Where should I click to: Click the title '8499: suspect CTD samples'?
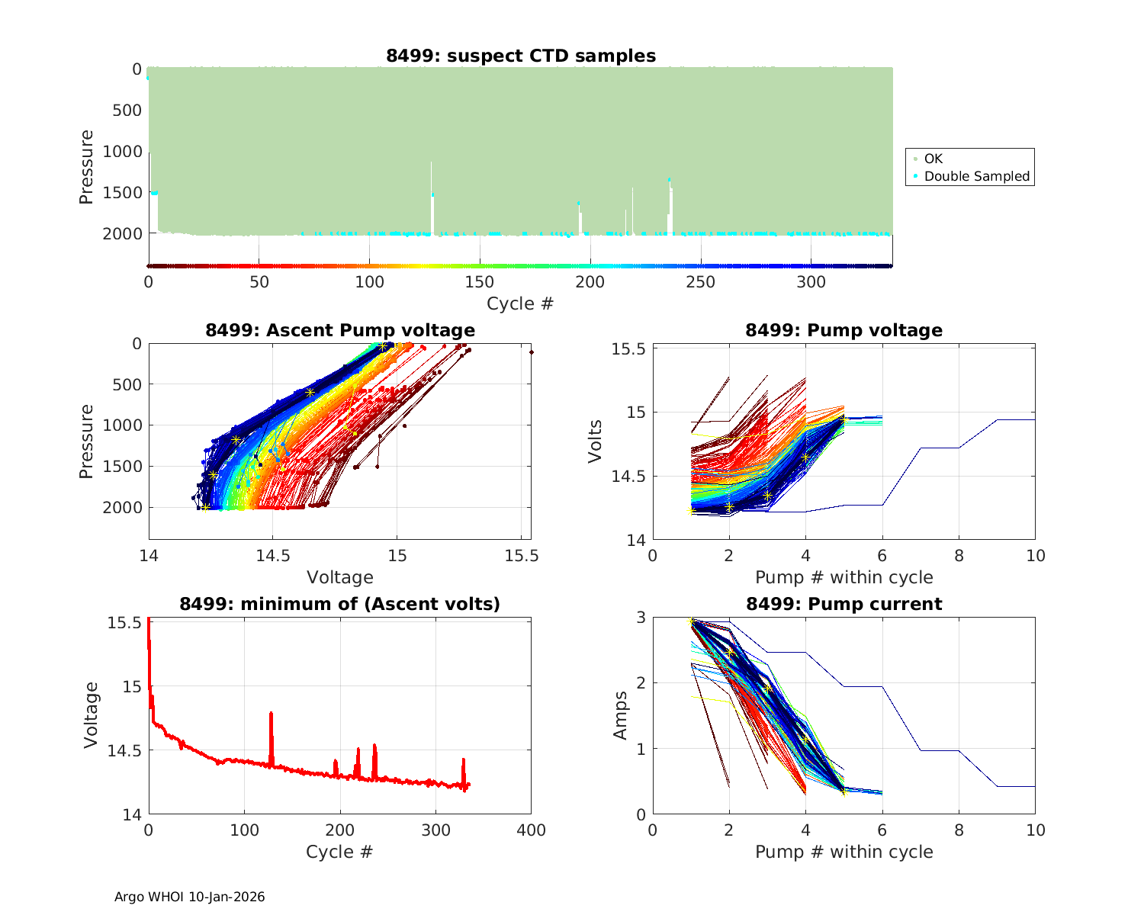click(521, 56)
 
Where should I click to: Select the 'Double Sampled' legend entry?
click(976, 176)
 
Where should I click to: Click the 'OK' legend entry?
click(933, 159)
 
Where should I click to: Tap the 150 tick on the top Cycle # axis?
click(480, 282)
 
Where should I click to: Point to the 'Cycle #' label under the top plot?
click(520, 303)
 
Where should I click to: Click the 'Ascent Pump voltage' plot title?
click(340, 330)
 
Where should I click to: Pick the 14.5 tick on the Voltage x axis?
click(273, 556)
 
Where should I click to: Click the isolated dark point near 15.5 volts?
click(531, 352)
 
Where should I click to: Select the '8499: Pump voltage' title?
click(844, 330)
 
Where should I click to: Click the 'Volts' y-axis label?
click(596, 441)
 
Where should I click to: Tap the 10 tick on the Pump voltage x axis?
click(1035, 556)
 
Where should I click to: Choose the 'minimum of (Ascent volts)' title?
click(340, 604)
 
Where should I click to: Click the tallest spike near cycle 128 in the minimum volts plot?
click(271, 714)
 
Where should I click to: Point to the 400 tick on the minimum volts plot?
click(531, 830)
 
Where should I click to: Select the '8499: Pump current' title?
click(844, 604)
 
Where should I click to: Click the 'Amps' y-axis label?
click(621, 715)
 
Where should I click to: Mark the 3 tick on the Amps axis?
click(641, 617)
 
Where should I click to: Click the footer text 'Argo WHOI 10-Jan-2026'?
click(190, 897)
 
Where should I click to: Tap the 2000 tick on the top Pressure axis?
click(122, 233)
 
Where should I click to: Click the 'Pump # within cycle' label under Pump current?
click(844, 852)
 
